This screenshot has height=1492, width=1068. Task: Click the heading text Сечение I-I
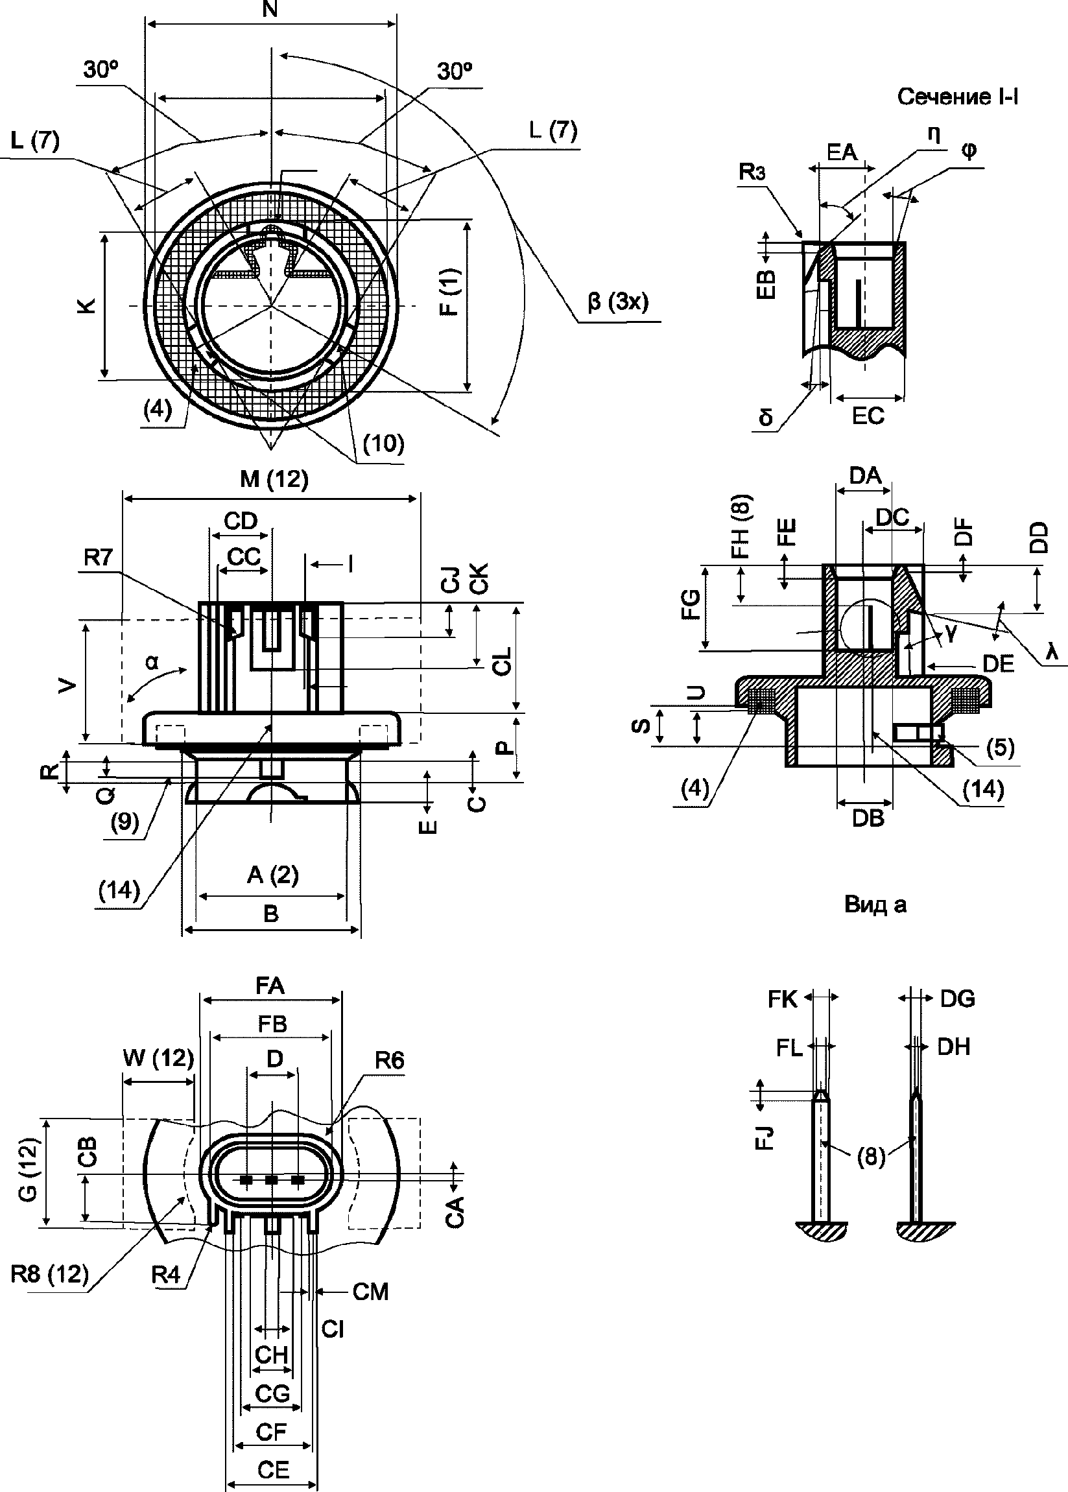(958, 97)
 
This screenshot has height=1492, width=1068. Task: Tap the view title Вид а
(875, 905)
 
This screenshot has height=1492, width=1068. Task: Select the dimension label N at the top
(270, 9)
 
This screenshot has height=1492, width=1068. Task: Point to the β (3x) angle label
(617, 302)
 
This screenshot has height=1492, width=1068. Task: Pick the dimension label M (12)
(274, 479)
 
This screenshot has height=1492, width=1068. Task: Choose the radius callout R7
(98, 558)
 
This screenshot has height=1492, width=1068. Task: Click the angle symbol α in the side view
(152, 662)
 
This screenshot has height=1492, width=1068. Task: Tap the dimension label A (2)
(272, 875)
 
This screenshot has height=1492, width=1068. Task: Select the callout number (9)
(125, 822)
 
